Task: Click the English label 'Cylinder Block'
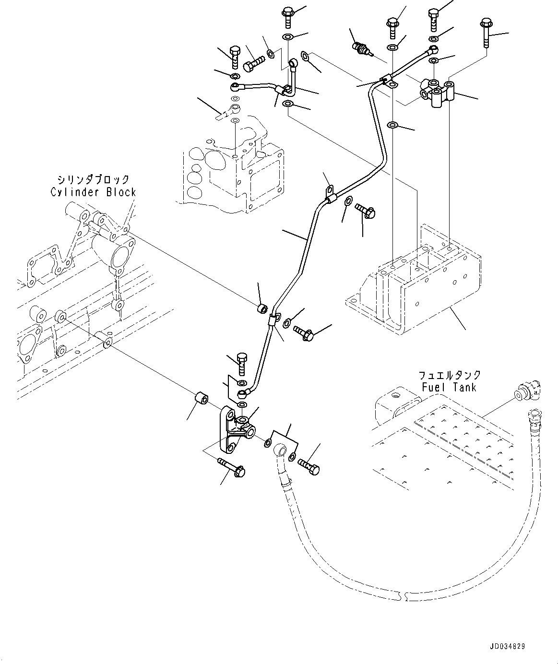(93, 192)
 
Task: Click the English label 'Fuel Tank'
(449, 387)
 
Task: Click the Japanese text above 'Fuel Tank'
(449, 376)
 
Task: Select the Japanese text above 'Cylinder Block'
(93, 180)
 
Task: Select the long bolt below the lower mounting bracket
(231, 467)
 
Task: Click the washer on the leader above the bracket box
(393, 126)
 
